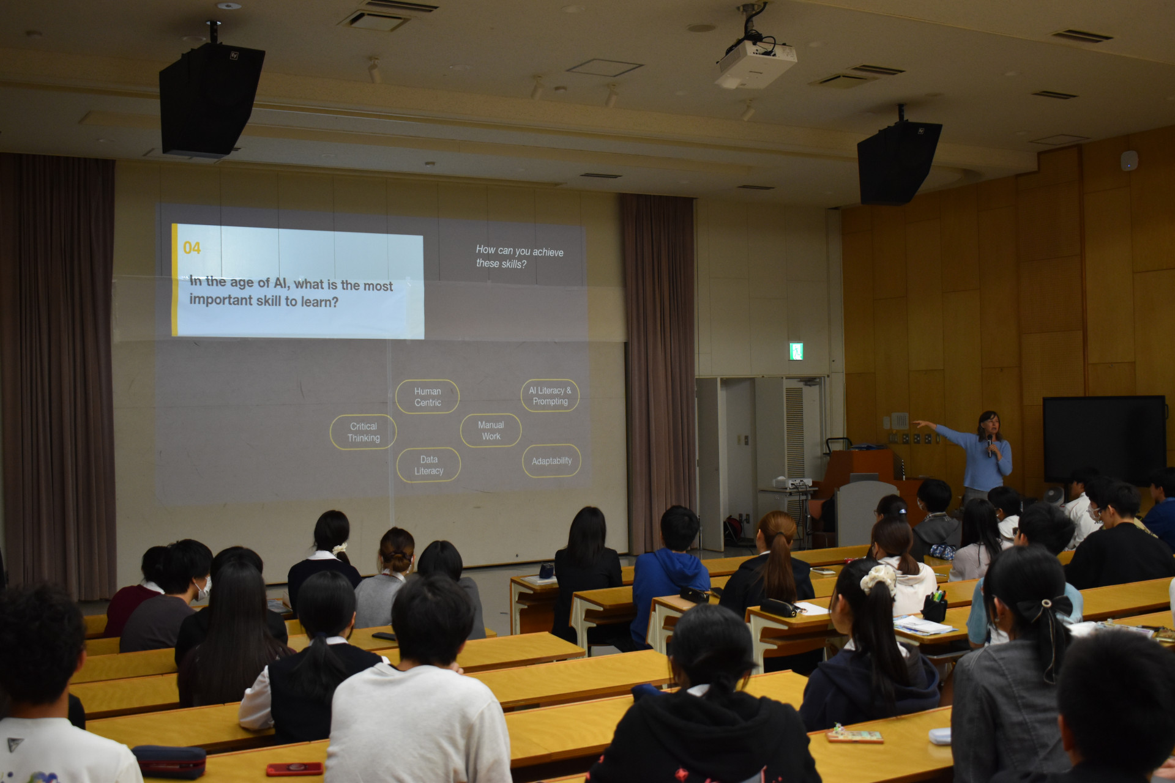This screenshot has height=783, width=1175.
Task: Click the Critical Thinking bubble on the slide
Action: click(x=363, y=432)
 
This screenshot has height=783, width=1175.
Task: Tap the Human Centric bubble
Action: click(x=427, y=397)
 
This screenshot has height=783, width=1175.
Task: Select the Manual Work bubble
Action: click(x=491, y=431)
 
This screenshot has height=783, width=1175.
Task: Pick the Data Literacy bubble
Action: click(x=428, y=465)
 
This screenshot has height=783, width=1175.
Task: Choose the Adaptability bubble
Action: click(x=551, y=461)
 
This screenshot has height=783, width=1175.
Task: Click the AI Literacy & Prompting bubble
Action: click(x=550, y=396)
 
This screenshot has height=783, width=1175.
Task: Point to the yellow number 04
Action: click(x=192, y=248)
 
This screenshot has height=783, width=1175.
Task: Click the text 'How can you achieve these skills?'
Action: click(x=520, y=257)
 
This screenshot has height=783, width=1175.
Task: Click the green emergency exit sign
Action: click(x=796, y=351)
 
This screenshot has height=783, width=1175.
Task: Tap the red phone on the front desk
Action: click(x=294, y=768)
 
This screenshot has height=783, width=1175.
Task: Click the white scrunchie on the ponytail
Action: click(x=879, y=579)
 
